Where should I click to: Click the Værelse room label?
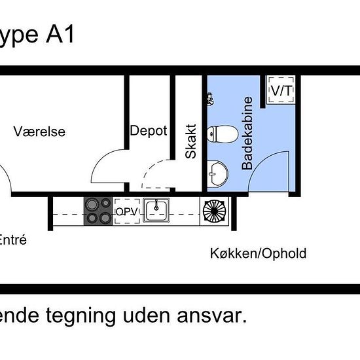point(39,132)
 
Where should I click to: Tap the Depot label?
point(149,130)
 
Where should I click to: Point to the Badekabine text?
point(247,134)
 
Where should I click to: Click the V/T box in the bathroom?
point(281,91)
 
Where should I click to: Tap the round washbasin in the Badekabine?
point(217,173)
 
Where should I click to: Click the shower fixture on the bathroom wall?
point(210,99)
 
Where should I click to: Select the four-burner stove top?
point(98,211)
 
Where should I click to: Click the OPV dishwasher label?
point(127,211)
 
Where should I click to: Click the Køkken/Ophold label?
point(258,253)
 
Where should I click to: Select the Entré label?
point(13,240)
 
